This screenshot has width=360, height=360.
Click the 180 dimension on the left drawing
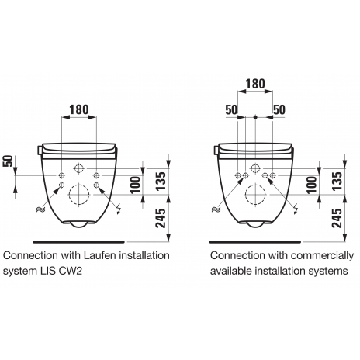[x=79, y=109]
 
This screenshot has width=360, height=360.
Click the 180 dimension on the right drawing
[x=255, y=84]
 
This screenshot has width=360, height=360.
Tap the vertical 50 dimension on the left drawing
[x=9, y=161]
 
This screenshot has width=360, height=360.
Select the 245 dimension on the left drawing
[x=161, y=218]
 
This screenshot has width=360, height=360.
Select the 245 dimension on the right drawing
[x=337, y=218]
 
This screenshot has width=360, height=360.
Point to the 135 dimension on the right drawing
[x=337, y=181]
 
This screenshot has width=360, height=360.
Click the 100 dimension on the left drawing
[x=135, y=185]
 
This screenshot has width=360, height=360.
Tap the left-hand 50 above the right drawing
[x=231, y=109]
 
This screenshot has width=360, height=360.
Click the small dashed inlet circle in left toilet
[x=78, y=169]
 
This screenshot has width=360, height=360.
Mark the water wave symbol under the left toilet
[x=41, y=209]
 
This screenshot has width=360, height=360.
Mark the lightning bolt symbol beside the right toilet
[x=296, y=209]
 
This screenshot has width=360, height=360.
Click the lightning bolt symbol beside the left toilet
[x=119, y=209]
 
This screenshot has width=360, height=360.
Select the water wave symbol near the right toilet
[x=216, y=209]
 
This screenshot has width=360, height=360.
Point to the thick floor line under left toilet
[x=79, y=242]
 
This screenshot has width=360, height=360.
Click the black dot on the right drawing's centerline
[x=255, y=117]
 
